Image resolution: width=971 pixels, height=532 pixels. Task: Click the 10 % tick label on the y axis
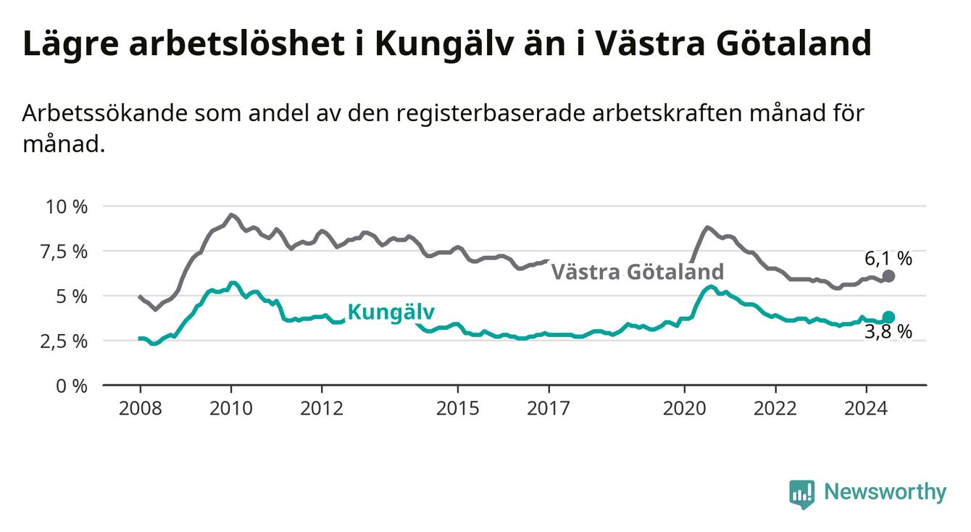[67, 207]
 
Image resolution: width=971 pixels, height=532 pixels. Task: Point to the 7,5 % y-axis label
[64, 252]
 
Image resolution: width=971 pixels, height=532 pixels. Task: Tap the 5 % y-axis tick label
[72, 297]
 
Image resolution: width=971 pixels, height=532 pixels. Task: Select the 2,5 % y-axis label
[64, 341]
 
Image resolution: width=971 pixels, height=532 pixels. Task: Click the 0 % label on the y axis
[72, 386]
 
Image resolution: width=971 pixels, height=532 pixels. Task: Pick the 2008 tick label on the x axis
[140, 409]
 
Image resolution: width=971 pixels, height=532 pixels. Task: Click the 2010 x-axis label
[231, 409]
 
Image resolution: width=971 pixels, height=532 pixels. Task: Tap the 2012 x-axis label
[322, 409]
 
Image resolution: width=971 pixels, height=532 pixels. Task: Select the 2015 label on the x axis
[458, 409]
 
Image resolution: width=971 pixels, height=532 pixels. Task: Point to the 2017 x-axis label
[549, 409]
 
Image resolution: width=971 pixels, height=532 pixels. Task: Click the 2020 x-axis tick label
[685, 409]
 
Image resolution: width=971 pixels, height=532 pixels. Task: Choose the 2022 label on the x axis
[775, 409]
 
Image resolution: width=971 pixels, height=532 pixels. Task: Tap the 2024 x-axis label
[866, 409]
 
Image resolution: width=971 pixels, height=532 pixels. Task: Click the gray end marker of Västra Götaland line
[888, 275]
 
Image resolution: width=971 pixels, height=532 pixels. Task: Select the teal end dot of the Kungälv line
[888, 317]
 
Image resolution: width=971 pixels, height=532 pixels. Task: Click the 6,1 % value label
[888, 259]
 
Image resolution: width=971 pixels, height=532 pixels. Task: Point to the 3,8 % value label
[888, 332]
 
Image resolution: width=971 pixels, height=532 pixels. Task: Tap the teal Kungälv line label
[391, 312]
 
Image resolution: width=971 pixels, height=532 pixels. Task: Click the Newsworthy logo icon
[802, 494]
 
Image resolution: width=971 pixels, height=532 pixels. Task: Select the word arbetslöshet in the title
[237, 43]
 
